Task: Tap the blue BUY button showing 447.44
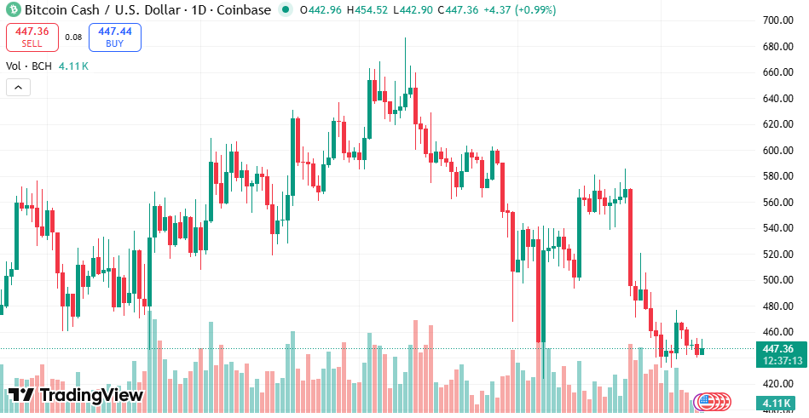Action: pos(115,37)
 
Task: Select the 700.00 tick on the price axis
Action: pos(777,20)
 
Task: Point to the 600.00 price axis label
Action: pos(777,150)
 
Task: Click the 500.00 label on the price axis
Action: pos(777,280)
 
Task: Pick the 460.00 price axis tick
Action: pos(777,332)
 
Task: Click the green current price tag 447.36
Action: pos(777,348)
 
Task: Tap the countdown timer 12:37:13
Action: pos(777,360)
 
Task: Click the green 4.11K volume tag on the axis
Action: pos(777,403)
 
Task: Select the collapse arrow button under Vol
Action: pos(18,87)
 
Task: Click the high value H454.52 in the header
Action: pos(366,10)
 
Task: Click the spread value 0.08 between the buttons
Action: pos(74,37)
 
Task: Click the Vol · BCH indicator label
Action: pos(29,66)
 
